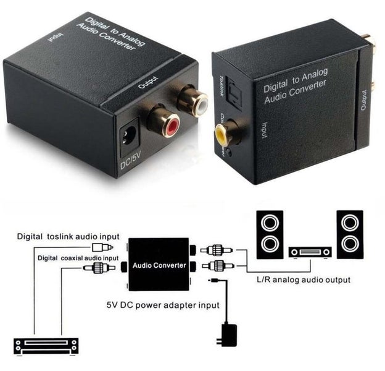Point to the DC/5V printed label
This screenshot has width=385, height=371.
pos(131,164)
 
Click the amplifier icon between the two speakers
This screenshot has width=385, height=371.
pos(310,252)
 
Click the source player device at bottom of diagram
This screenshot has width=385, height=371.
pos(46,345)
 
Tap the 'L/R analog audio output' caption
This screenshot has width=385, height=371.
pos(302,280)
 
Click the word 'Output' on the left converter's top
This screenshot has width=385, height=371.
pos(149,82)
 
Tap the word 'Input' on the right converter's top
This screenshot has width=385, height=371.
pos(263,127)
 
